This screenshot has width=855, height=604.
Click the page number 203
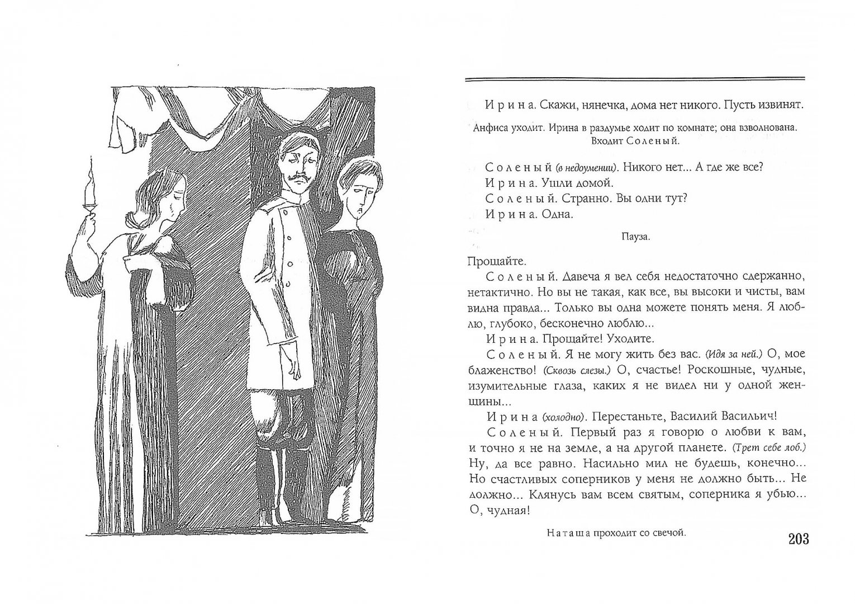pos(794,540)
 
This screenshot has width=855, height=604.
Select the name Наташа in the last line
pos(569,534)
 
